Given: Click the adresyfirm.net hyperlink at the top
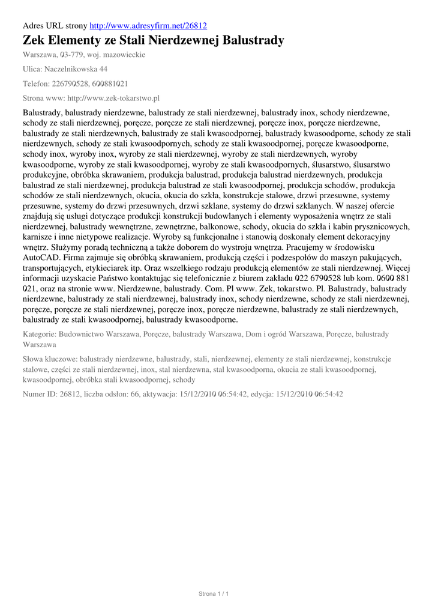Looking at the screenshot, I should tap(148, 26).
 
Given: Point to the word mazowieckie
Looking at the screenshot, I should tap(124, 55).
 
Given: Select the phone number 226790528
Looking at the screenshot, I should tap(74, 83).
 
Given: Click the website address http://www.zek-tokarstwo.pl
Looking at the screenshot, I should tap(113, 98).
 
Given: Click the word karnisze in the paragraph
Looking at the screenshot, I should tap(38, 237).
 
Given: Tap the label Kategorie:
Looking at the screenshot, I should tap(40, 334).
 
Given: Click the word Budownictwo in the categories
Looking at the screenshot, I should tap(83, 334).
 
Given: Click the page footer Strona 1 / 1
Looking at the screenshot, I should tap(214, 594).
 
